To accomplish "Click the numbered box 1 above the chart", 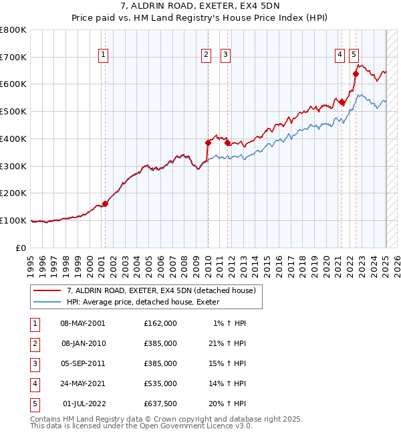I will click(104, 56).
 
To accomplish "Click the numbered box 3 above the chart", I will click(226, 56).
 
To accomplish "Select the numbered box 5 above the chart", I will click(353, 56).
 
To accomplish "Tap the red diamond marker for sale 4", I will click(342, 102).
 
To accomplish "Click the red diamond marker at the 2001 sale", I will click(105, 204).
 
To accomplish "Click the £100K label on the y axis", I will click(13, 220).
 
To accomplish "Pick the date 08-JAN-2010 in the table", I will click(83, 343).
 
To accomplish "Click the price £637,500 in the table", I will click(160, 404).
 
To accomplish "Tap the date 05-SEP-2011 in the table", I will click(83, 363).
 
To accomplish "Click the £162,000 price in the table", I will click(160, 323).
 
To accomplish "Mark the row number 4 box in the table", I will click(33, 383).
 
